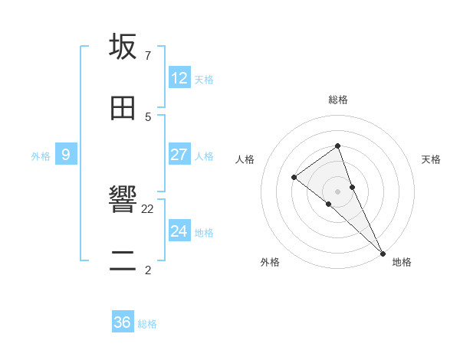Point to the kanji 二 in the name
pos(123,261)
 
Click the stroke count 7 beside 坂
pos(147,56)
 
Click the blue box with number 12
pos(179,78)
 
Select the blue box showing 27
pos(179,155)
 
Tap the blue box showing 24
pos(179,231)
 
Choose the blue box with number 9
pos(66,155)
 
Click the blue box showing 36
pos(123,322)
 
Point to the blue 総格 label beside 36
pos(147,324)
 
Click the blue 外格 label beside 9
pos(41,156)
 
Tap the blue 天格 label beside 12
pos(204,80)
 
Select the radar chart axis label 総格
pos(337,100)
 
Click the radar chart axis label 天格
pos(431,159)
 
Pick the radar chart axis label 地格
pos(402,262)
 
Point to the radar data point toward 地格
pos(382,252)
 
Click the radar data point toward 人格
pos(294,178)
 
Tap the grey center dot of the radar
pos(337,191)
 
